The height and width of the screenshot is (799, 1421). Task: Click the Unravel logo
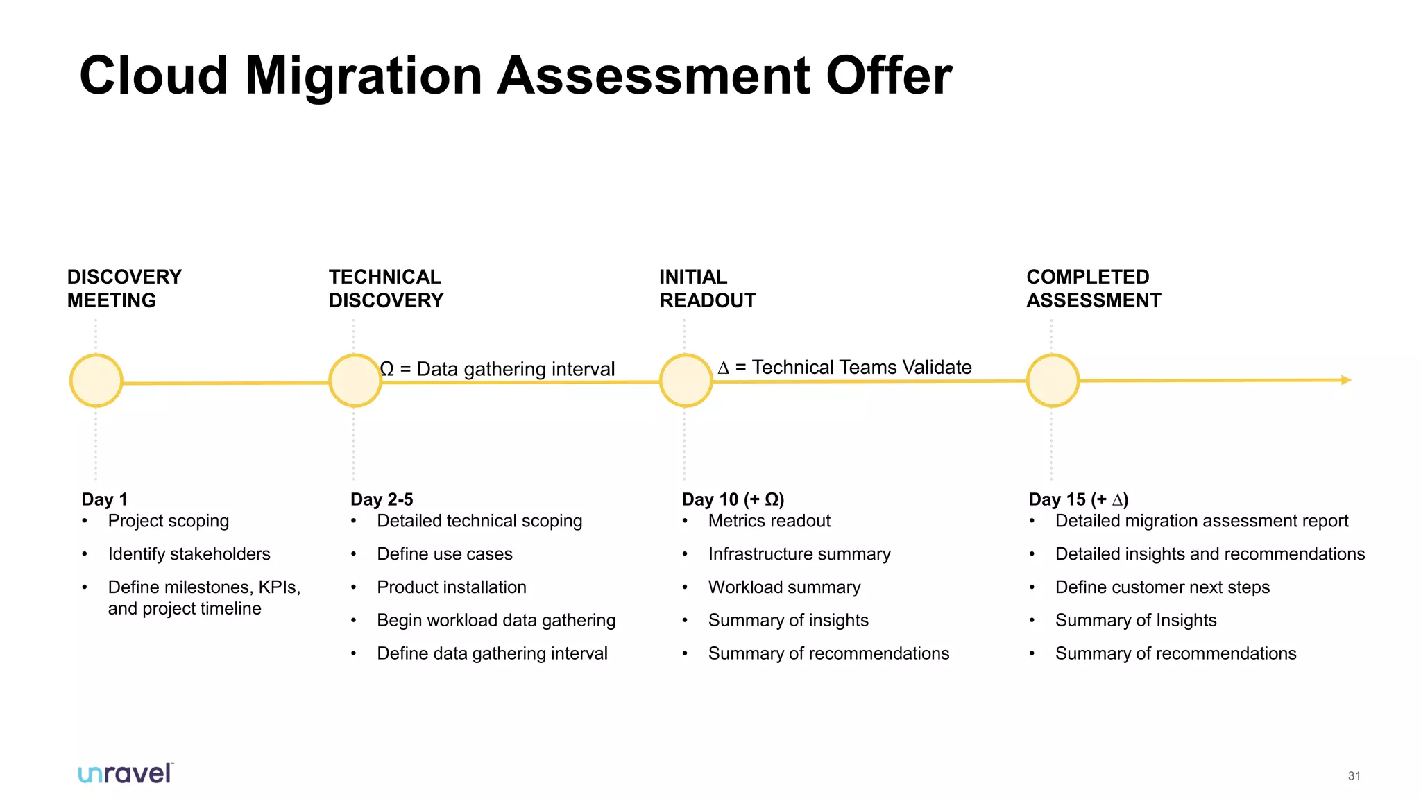point(126,773)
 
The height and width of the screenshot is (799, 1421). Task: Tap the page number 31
point(1354,776)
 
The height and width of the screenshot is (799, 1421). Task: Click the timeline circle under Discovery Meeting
point(96,381)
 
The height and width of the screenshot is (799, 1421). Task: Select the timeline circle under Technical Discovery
point(355,381)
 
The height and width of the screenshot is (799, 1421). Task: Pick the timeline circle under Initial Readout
point(686,380)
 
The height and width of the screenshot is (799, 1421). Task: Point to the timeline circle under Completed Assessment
point(1053,380)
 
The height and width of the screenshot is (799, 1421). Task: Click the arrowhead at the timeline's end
point(1345,380)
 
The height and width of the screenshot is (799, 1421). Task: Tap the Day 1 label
point(104,499)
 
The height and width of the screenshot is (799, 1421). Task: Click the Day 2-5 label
point(382,499)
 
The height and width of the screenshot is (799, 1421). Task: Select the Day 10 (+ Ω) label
point(733,499)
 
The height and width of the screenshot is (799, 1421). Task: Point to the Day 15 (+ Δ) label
point(1078,499)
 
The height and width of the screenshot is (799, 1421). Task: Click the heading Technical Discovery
point(386,289)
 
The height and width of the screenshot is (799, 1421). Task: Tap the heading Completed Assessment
point(1094,289)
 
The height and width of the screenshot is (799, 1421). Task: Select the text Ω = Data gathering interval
point(497,369)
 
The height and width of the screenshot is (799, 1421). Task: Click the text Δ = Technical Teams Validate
point(844,367)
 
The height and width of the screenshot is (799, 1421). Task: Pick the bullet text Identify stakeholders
point(189,554)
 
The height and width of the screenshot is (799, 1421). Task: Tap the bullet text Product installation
point(452,587)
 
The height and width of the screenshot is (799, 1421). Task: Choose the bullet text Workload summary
point(784,587)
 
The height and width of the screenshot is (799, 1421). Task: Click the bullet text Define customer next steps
point(1162,587)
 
